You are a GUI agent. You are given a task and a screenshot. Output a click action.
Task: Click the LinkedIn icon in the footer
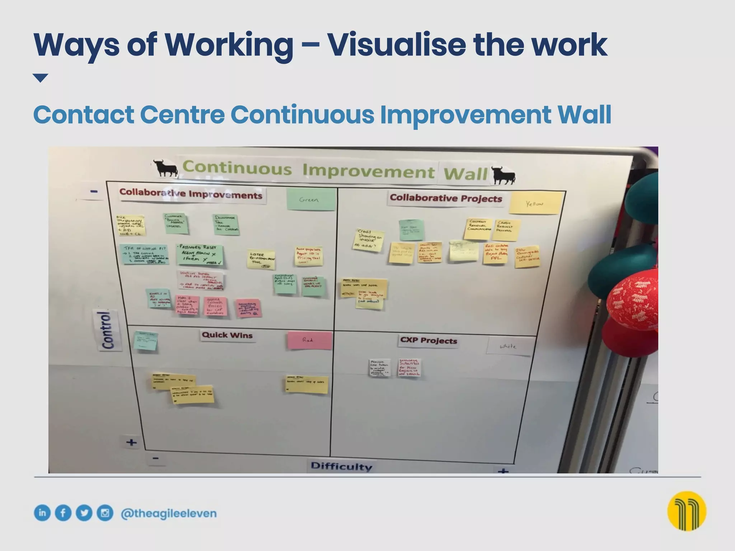point(42,513)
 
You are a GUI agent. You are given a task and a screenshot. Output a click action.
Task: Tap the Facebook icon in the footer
point(63,513)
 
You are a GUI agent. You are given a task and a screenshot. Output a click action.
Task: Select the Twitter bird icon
point(84,513)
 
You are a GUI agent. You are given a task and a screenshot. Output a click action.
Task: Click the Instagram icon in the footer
point(105,513)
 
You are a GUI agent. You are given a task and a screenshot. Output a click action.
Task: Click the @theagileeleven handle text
point(169,513)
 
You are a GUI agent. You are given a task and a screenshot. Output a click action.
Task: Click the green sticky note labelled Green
point(311,199)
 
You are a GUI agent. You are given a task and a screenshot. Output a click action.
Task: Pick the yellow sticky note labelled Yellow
point(535,203)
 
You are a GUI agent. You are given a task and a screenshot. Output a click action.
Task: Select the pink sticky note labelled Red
point(309,340)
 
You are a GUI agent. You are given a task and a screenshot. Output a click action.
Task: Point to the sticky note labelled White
point(508,346)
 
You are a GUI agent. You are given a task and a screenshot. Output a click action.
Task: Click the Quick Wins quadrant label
point(227,335)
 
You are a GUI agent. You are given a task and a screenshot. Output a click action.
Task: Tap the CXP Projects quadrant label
point(429,340)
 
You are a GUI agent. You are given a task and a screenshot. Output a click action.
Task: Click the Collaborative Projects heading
point(446,198)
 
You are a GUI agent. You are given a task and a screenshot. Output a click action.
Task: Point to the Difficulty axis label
point(341,466)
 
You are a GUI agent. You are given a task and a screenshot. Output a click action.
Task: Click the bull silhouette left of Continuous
point(165,168)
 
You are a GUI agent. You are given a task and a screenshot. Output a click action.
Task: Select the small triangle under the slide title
point(40,77)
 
